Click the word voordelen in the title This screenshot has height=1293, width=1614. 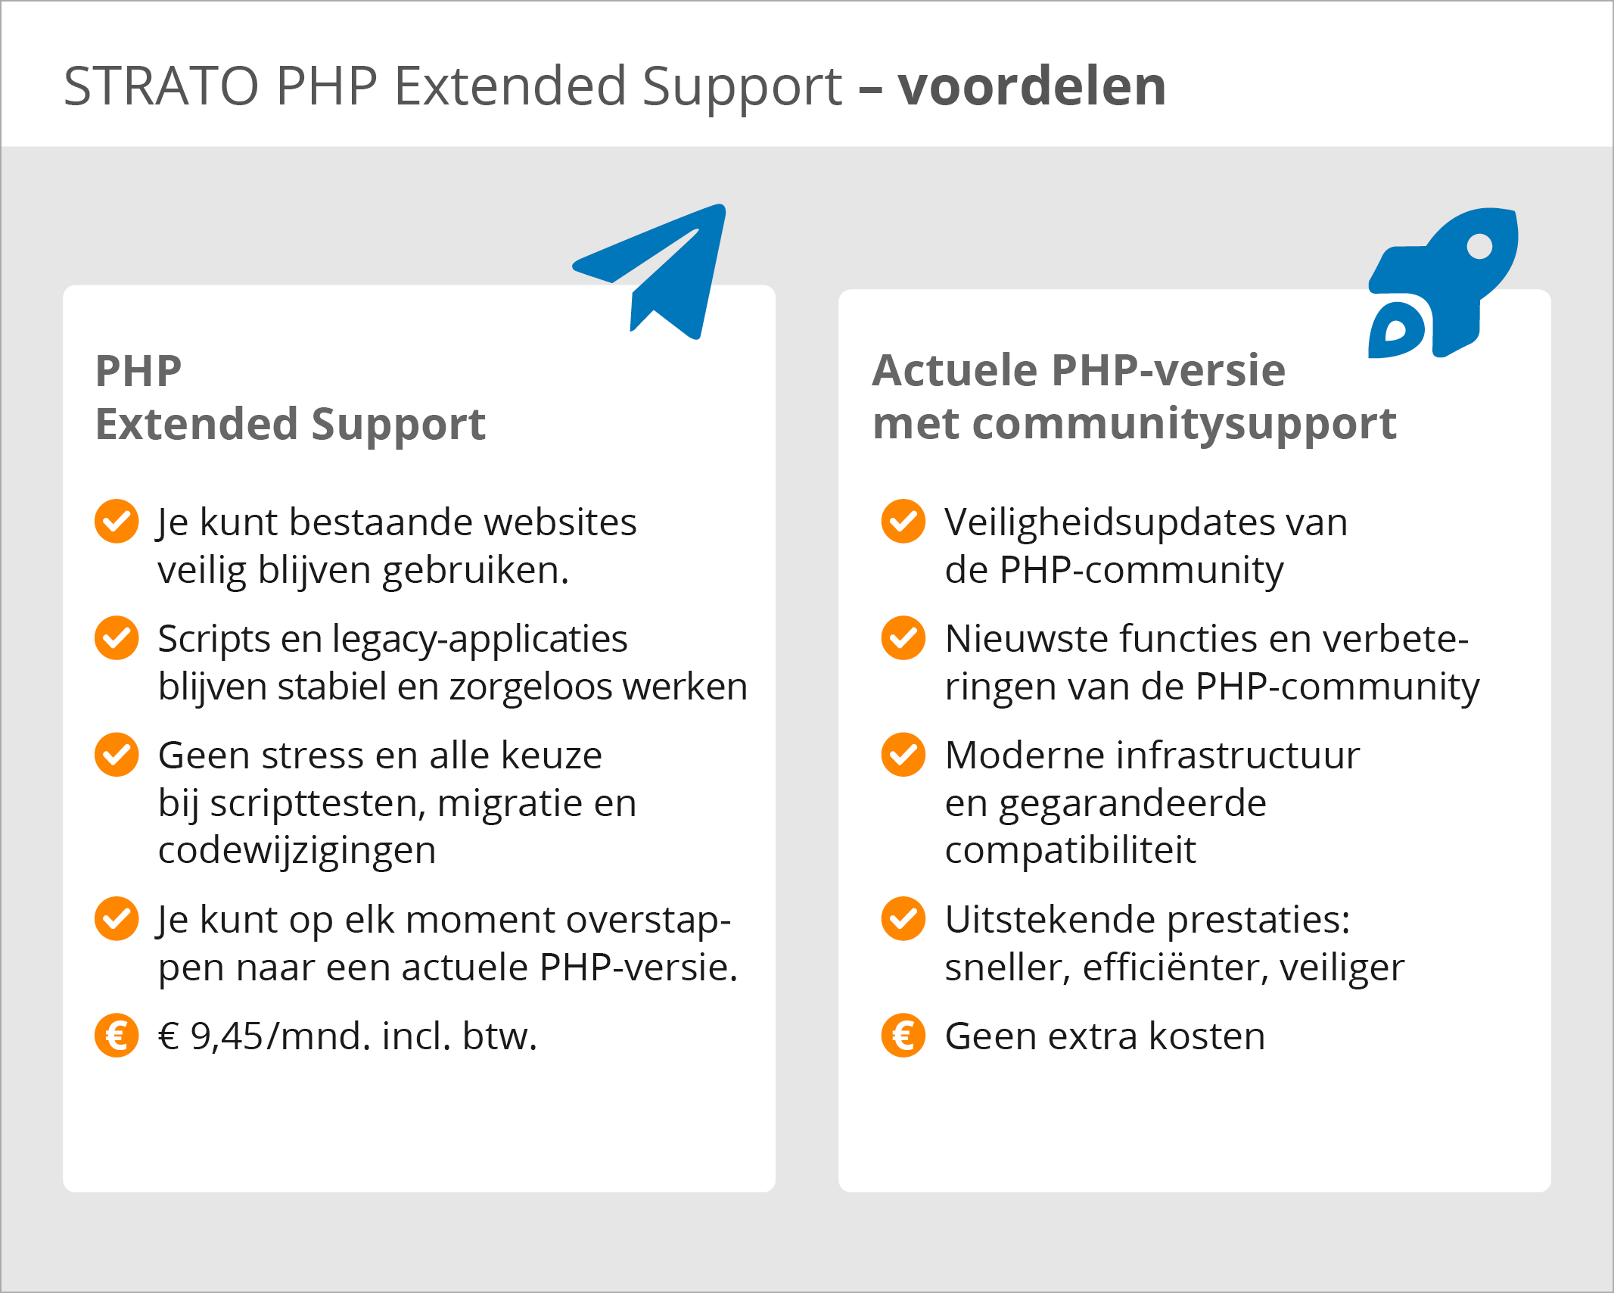[x=1031, y=86]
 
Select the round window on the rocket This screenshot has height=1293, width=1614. [x=1479, y=246]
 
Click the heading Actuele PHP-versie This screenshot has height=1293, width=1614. [x=1078, y=371]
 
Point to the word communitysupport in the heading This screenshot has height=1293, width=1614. [x=1184, y=424]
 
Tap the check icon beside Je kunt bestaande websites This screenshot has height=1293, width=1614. [x=117, y=521]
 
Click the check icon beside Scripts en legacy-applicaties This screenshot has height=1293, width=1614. [x=117, y=637]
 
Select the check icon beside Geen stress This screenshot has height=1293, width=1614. [x=117, y=754]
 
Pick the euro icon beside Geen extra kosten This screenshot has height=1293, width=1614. [x=903, y=1035]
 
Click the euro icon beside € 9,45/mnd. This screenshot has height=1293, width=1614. [x=117, y=1035]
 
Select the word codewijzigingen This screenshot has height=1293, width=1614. [x=297, y=851]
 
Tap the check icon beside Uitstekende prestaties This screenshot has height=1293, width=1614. [x=903, y=918]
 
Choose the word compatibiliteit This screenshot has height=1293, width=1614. [x=1070, y=851]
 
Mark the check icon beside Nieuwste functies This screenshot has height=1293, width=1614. [x=903, y=637]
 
